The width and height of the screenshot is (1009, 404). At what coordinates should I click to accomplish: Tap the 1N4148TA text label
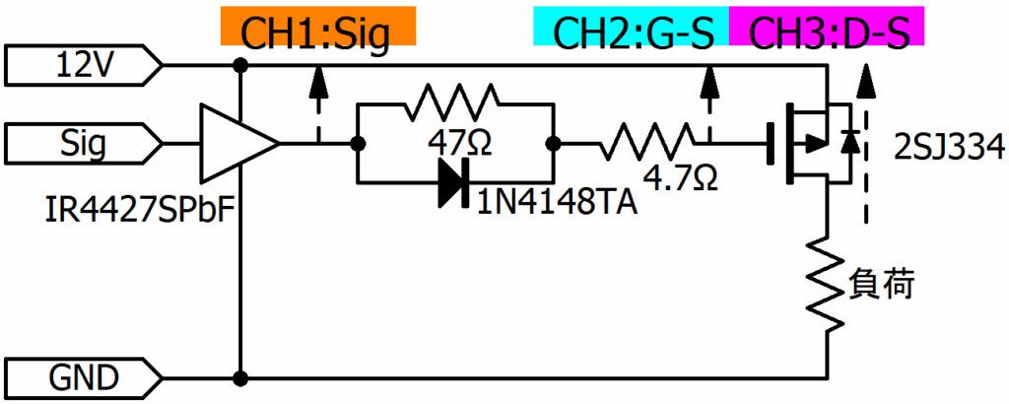click(557, 204)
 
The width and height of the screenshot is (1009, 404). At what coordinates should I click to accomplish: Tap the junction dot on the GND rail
click(240, 376)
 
